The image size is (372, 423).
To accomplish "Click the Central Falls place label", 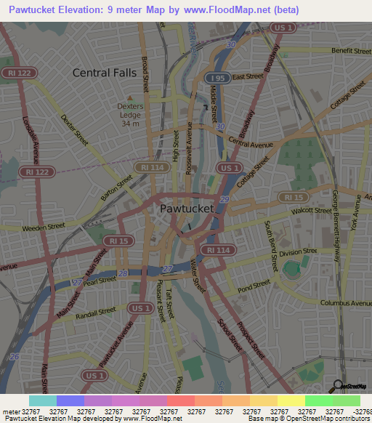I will coord(105,73).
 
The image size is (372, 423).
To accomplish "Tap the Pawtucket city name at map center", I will coord(187,209).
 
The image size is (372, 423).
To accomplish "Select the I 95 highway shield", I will coord(216,78).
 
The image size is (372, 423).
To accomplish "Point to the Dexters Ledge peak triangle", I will coord(130,97).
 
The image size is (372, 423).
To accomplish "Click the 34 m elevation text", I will coord(130,124).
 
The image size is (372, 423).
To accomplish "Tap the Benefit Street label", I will coord(351,51).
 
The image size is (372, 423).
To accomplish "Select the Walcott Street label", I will coord(310,211).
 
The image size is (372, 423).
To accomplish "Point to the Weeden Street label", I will coord(44,227).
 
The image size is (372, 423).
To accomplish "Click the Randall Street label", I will coord(96,312).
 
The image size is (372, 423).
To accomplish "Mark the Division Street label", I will coord(299,253).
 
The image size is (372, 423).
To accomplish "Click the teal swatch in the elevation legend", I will coord(43,400).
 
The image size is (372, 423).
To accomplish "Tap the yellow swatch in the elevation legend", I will coord(291,400).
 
